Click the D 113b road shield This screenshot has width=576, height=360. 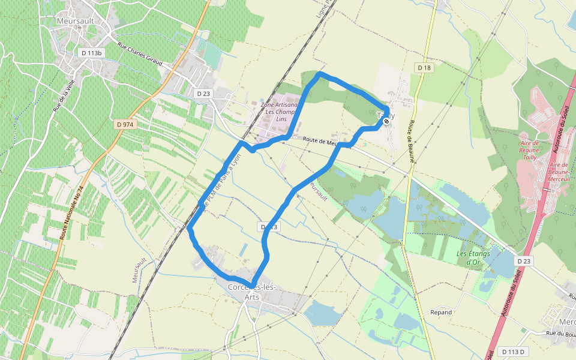[92, 53]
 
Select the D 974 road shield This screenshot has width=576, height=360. [125, 124]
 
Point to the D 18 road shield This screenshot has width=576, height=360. [424, 68]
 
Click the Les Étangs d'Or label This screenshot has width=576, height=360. [473, 257]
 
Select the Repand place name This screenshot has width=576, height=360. [441, 313]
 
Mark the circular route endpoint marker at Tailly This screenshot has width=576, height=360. [386, 121]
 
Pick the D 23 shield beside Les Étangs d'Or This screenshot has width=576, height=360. [524, 261]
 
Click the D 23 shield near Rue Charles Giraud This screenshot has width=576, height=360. [203, 94]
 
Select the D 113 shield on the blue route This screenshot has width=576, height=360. [269, 227]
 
